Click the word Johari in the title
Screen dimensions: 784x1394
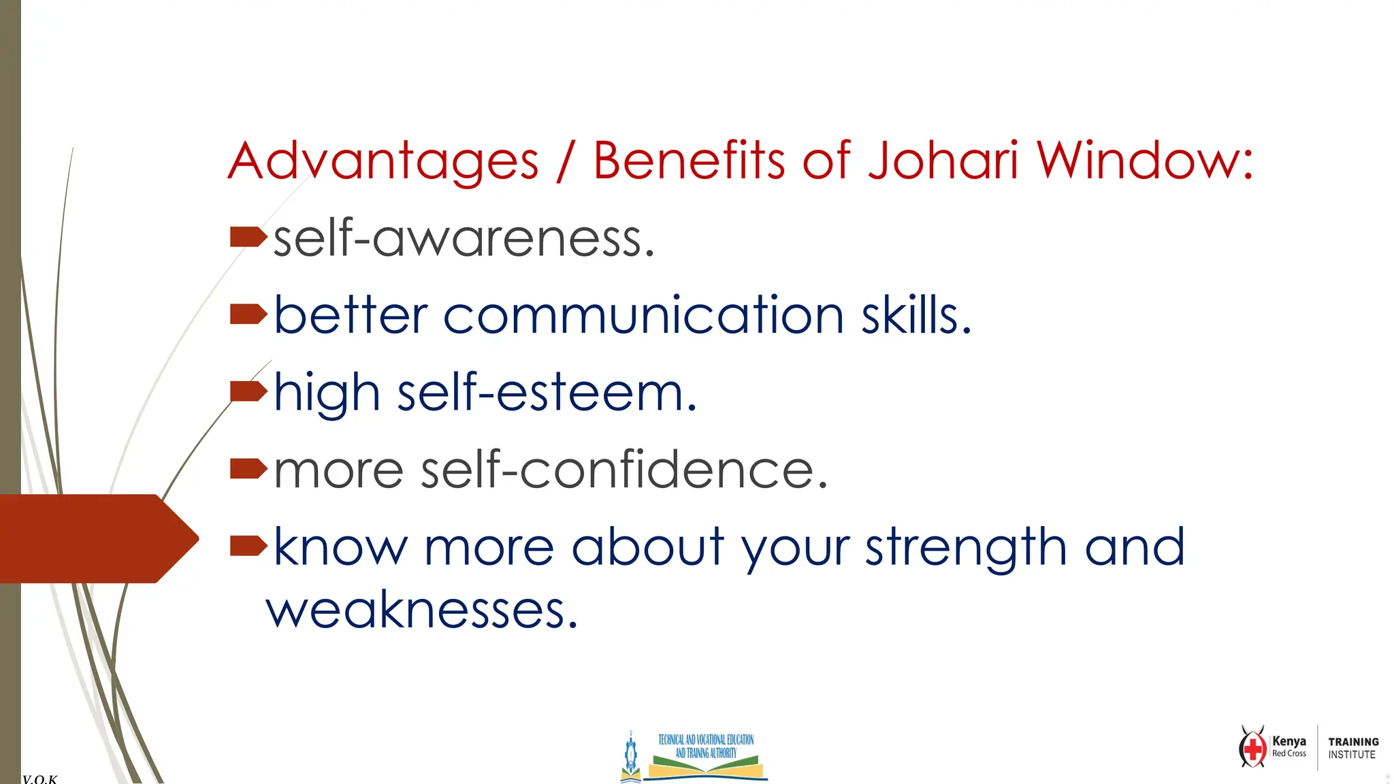tap(943, 161)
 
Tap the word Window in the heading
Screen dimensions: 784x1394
tap(1144, 161)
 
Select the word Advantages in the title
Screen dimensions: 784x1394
tap(383, 161)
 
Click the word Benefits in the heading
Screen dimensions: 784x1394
tap(689, 161)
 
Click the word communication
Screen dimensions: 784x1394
tap(643, 315)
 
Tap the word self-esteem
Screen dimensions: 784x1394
tap(547, 393)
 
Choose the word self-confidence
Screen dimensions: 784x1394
tap(623, 470)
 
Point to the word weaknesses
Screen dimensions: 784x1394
tap(421, 610)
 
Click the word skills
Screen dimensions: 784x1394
tap(915, 315)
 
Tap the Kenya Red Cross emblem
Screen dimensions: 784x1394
tap(1252, 747)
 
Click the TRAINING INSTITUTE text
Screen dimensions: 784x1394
tap(1353, 748)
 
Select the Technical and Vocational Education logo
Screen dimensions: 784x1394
tap(694, 755)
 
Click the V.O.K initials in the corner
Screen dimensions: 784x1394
tap(39, 779)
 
